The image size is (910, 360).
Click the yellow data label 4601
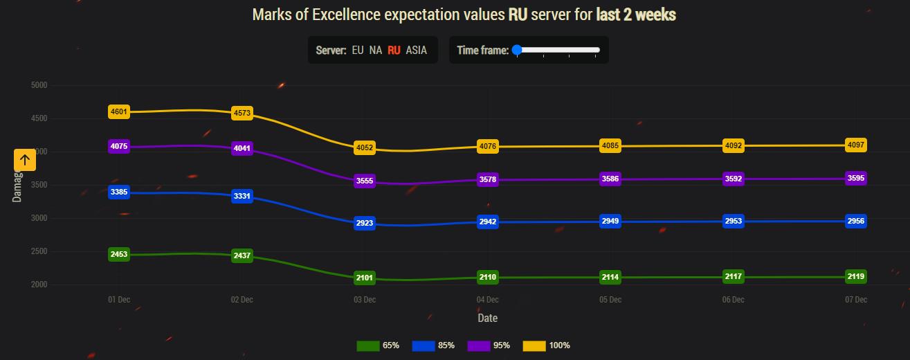pos(119,111)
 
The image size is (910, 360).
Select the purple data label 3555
pos(365,181)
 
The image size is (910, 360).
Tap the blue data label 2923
pos(365,224)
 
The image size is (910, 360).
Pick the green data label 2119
pos(856,277)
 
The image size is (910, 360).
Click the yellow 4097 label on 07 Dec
pos(856,145)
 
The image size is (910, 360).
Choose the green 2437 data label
pos(242,256)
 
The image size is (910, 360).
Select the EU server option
pos(358,51)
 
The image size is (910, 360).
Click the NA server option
pos(376,51)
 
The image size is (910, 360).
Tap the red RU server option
pos(394,51)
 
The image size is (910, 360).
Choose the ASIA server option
pos(417,51)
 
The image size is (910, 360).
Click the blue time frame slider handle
pos(516,50)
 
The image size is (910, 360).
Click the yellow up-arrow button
pos(25,161)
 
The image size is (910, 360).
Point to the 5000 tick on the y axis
pos(39,85)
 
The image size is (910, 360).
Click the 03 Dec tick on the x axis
pos(365,300)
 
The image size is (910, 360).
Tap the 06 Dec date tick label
pos(733,300)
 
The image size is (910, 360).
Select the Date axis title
pos(487,318)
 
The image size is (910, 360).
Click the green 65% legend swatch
pos(367,345)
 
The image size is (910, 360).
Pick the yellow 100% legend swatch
pos(534,345)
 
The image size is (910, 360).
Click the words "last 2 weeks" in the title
pos(636,15)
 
